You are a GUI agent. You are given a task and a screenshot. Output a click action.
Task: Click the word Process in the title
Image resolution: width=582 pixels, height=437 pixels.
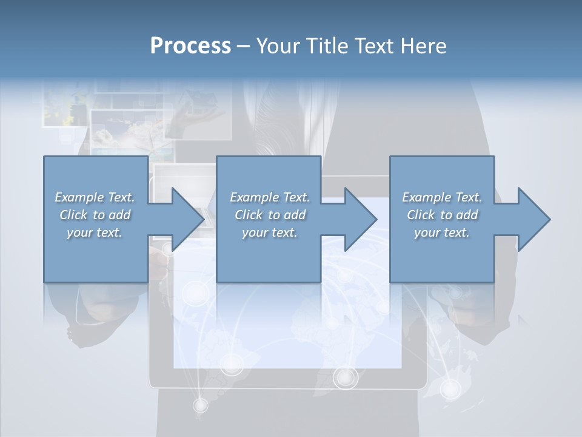(190, 46)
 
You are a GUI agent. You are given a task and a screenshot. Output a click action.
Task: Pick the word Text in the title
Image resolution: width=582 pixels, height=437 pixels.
(376, 46)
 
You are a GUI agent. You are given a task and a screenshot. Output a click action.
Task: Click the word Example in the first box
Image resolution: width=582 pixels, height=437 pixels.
(79, 197)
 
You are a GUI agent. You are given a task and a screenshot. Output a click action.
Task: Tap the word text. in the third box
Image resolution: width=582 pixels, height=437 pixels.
(456, 232)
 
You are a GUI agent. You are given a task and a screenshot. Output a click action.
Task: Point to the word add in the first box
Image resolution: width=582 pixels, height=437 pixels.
(119, 215)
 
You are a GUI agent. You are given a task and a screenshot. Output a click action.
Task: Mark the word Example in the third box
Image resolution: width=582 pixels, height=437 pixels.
(426, 197)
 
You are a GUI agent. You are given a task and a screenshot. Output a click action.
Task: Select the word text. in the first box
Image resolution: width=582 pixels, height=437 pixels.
(109, 232)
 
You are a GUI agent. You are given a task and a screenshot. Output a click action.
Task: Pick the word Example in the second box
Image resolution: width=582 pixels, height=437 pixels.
(254, 197)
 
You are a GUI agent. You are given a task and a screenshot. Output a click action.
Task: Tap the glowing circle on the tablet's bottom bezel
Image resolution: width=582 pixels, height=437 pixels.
(346, 378)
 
